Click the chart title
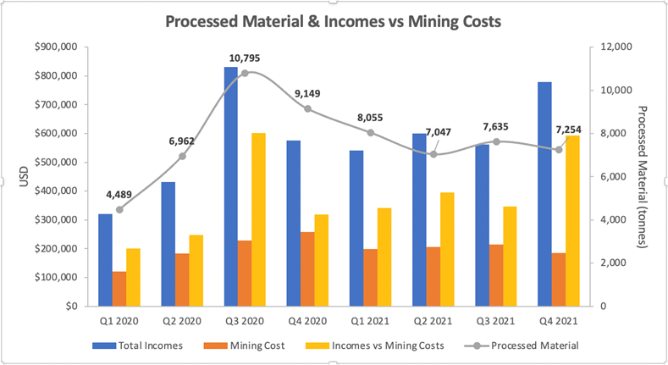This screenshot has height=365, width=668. click(x=334, y=21)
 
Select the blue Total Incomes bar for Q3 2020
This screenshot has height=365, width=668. click(x=231, y=186)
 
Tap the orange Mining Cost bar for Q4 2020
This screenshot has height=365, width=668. click(x=307, y=268)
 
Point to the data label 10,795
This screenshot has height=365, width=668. click(x=245, y=58)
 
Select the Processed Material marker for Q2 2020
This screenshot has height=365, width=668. click(x=182, y=156)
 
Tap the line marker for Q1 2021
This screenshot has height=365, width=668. click(x=371, y=132)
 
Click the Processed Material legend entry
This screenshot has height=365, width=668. click(x=522, y=345)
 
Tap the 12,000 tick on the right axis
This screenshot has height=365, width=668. click(x=612, y=47)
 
